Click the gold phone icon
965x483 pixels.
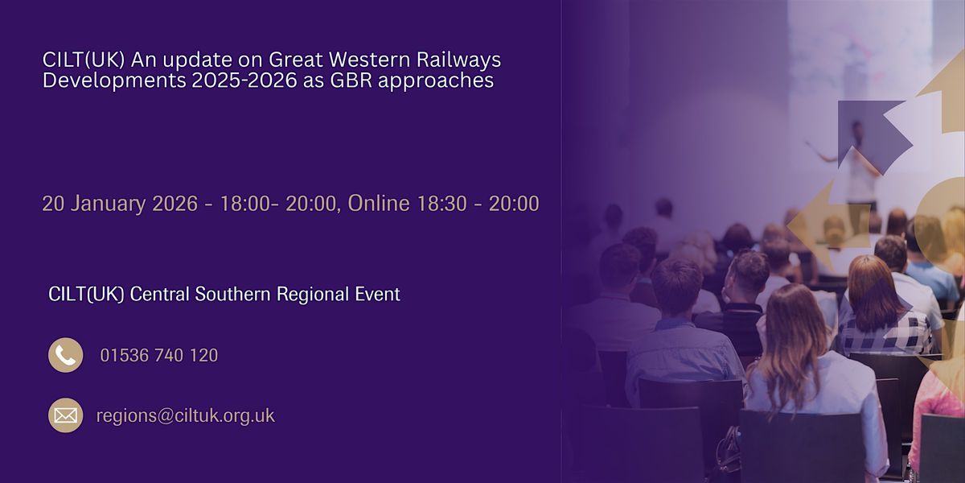coord(65,355)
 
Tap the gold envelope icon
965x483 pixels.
coord(65,415)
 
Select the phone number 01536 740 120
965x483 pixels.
coord(158,355)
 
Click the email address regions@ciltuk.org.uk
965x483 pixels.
coord(185,416)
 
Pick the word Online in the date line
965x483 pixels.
coord(379,204)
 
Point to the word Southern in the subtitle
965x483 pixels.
coord(232,295)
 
